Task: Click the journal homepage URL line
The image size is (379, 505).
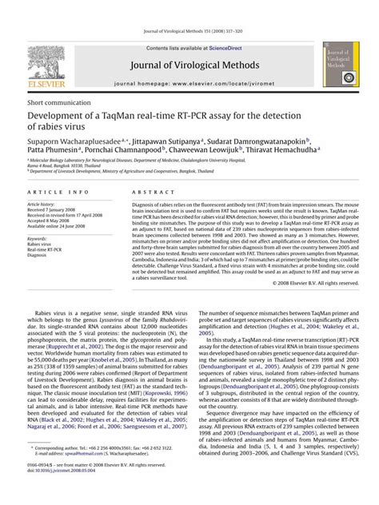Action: (x=189, y=83)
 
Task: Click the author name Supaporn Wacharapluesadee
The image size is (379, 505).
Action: (x=71, y=138)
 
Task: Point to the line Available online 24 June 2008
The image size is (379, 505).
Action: (x=62, y=227)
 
